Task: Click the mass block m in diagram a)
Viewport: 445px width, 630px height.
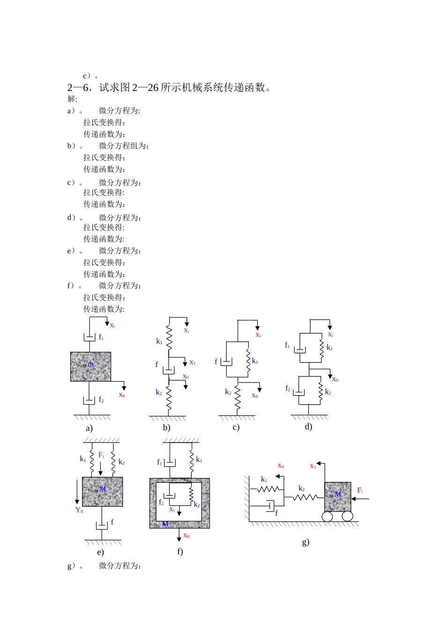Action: [x=90, y=367]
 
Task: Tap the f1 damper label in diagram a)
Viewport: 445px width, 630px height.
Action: [x=101, y=337]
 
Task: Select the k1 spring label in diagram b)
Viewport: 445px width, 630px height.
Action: [x=159, y=341]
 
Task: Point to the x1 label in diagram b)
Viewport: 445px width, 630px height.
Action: [x=193, y=362]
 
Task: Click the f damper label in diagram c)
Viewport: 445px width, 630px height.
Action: [x=216, y=361]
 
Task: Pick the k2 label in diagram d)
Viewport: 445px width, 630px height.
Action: [x=328, y=392]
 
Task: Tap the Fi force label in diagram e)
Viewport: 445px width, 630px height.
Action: [x=101, y=455]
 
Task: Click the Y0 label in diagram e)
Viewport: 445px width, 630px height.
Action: [x=79, y=510]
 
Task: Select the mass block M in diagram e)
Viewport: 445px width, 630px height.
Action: [x=102, y=492]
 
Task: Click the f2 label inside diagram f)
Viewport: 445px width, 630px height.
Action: [x=161, y=502]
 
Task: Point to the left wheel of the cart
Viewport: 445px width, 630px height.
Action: [x=327, y=517]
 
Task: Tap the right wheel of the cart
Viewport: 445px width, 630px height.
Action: [x=348, y=516]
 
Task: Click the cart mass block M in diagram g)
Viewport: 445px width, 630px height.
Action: [x=338, y=497]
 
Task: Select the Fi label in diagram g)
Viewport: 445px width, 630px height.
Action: [x=360, y=490]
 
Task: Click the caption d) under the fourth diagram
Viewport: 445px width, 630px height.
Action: [x=308, y=427]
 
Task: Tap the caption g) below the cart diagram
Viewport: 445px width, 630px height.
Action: [x=305, y=542]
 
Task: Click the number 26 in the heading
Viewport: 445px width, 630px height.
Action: [x=153, y=88]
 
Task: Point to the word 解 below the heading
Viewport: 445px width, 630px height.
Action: [x=71, y=99]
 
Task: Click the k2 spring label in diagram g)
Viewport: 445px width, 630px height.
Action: [x=301, y=488]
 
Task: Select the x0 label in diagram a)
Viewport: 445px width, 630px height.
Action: [x=122, y=395]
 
